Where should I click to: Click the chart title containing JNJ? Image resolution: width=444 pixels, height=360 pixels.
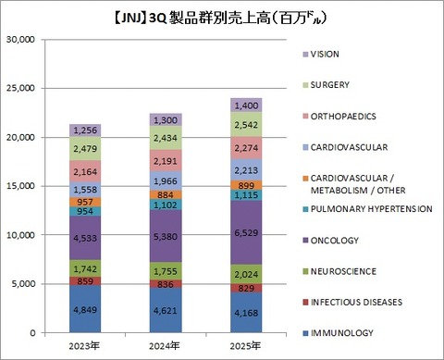pos(221,17)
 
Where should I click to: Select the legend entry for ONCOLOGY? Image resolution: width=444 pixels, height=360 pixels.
pos(337,241)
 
